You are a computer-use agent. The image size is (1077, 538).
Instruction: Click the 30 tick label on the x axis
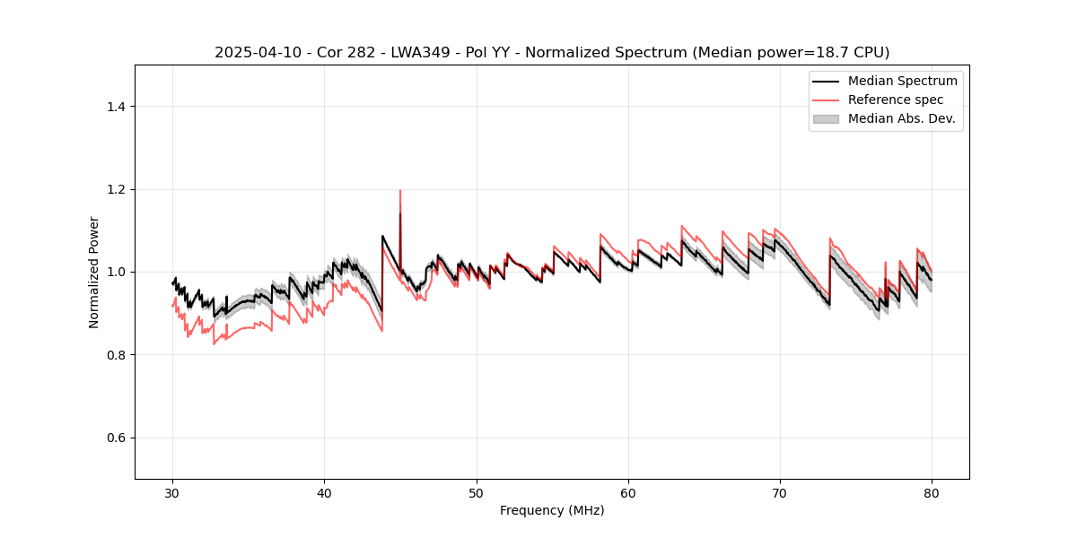point(173,492)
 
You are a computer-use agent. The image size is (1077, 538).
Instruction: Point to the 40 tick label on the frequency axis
point(325,492)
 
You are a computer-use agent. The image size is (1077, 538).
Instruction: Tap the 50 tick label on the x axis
point(477,492)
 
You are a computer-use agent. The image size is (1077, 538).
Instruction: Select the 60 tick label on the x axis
point(628,492)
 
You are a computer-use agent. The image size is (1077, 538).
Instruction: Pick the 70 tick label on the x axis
point(780,492)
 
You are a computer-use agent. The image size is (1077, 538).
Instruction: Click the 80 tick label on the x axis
point(932,492)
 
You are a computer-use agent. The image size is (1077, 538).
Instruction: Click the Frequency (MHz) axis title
point(552,510)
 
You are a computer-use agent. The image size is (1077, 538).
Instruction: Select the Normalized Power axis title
point(94,272)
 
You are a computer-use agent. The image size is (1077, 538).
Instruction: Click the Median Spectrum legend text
point(902,81)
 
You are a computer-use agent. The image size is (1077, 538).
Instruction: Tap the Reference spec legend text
point(896,100)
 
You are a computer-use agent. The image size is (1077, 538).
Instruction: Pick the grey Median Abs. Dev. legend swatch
point(826,118)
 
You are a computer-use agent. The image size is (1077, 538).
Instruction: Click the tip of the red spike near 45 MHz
point(400,190)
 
